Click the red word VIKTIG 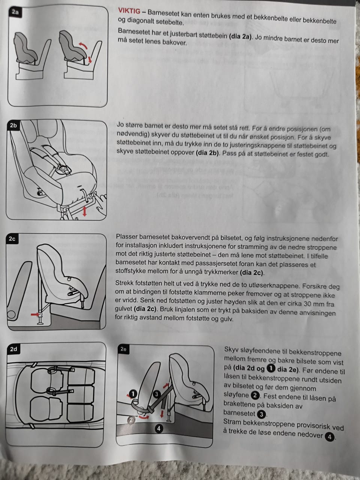pos(129,11)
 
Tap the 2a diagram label pos(15,12)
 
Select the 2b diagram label pos(13,126)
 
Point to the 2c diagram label pos(12,239)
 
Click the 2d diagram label pos(13,349)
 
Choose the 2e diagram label pos(123,349)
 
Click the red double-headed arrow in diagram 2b pos(85,211)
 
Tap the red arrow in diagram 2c pos(35,315)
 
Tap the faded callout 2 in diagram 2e pos(131,419)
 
